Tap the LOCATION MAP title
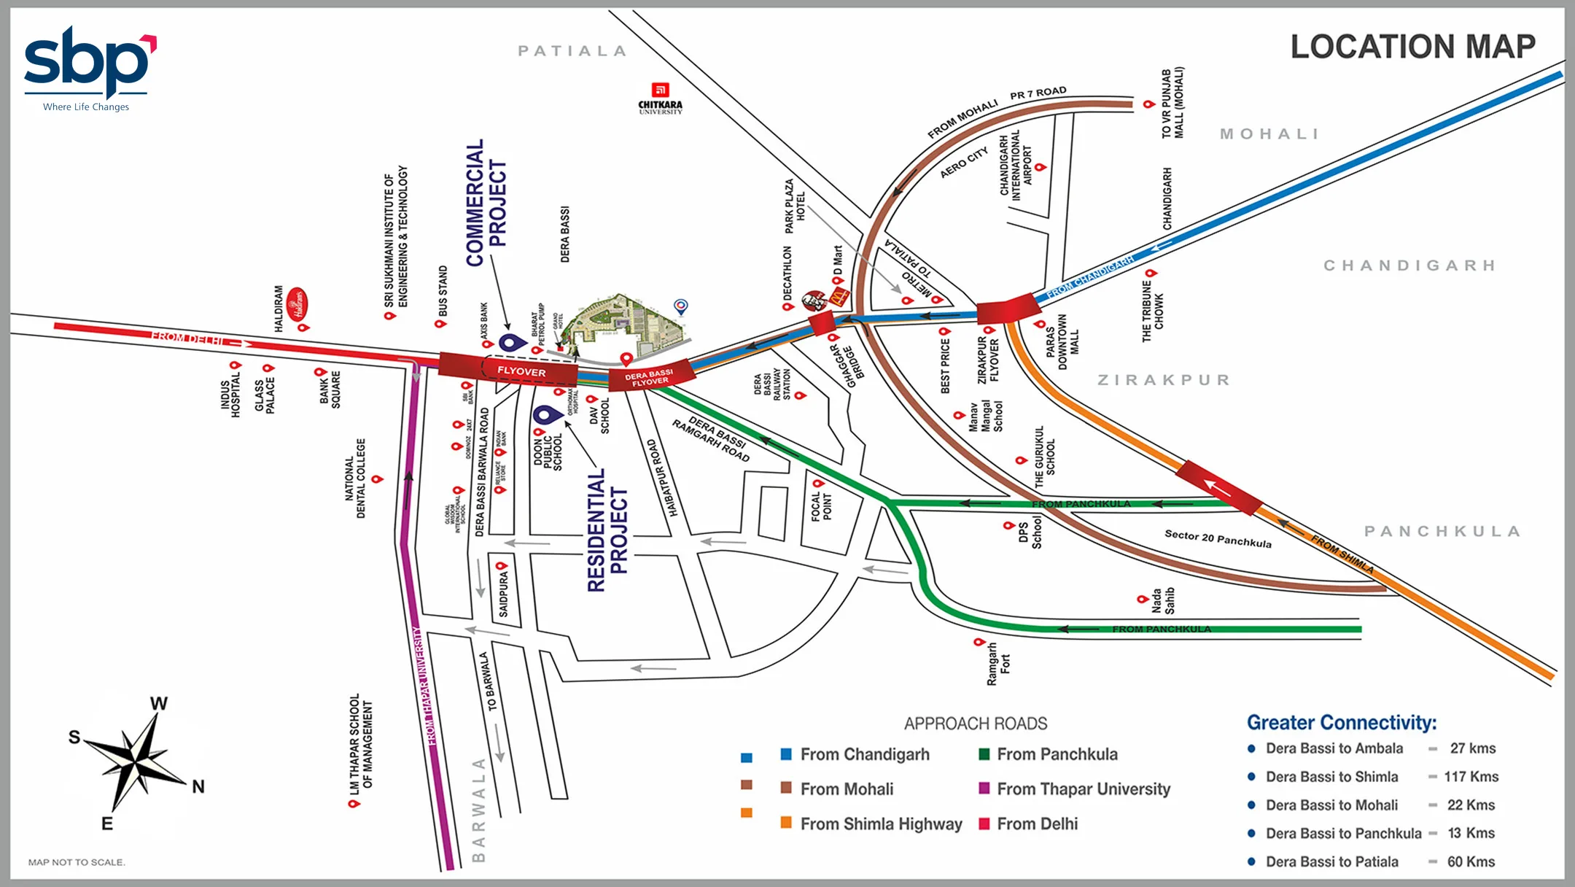pyautogui.click(x=1412, y=47)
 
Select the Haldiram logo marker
pyautogui.click(x=297, y=304)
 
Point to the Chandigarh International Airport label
pyautogui.click(x=1016, y=164)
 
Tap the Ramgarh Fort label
pyautogui.click(x=998, y=663)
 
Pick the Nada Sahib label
pyautogui.click(x=1163, y=600)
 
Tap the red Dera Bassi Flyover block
pyautogui.click(x=649, y=376)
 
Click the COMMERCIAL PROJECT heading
pyautogui.click(x=486, y=203)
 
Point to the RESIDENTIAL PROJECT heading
pyautogui.click(x=607, y=530)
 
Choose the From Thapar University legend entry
pyautogui.click(x=1083, y=789)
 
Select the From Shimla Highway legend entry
pyautogui.click(x=880, y=824)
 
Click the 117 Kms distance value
pyautogui.click(x=1471, y=777)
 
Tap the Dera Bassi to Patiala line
pyautogui.click(x=1331, y=861)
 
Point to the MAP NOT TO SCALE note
pyautogui.click(x=77, y=862)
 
